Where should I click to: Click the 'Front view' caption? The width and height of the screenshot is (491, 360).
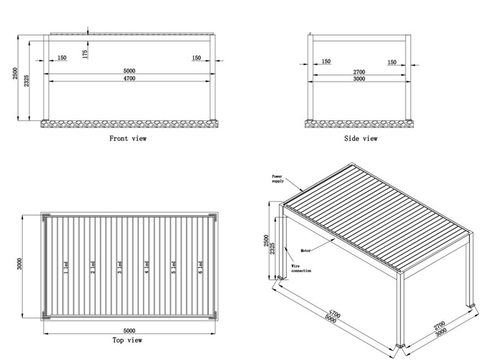tap(128, 139)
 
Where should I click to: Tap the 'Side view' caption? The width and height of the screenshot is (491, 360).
tap(361, 139)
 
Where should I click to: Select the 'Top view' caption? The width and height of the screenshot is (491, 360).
tap(128, 340)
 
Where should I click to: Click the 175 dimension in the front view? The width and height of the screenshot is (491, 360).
tap(85, 54)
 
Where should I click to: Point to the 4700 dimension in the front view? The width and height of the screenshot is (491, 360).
tap(129, 78)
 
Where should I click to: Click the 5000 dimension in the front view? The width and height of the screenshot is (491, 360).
tap(129, 71)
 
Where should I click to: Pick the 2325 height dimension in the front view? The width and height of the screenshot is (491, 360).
tap(27, 81)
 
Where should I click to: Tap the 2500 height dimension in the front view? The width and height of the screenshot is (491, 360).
tap(15, 73)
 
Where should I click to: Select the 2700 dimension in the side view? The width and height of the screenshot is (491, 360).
tap(359, 72)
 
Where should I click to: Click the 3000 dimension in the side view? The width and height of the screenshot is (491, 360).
tap(359, 79)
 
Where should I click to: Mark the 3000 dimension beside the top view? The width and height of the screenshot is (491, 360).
tap(20, 264)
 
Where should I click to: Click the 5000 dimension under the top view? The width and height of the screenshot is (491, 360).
tap(129, 331)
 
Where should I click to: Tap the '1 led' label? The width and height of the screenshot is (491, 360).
tap(66, 268)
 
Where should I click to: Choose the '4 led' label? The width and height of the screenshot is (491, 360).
tap(147, 268)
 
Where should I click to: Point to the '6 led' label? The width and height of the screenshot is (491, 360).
tap(200, 268)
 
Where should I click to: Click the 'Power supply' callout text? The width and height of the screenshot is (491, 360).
tap(278, 179)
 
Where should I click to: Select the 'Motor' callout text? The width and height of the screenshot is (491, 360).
tap(306, 251)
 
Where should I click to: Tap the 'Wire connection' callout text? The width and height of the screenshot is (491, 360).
tap(301, 268)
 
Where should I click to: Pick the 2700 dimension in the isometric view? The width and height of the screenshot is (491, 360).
tap(439, 325)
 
